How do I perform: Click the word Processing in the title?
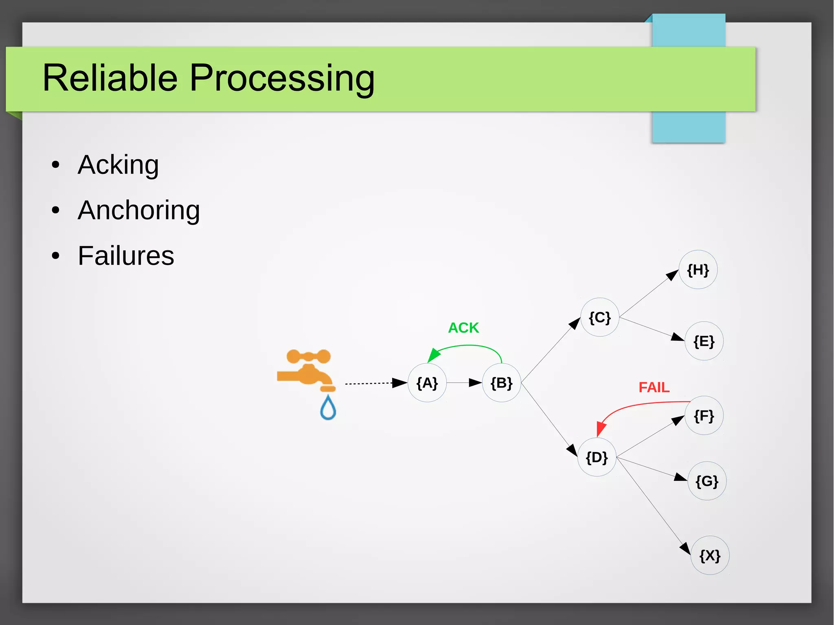(x=282, y=78)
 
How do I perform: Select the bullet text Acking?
(x=118, y=165)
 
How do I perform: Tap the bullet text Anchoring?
(x=138, y=211)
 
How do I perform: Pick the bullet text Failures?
(x=126, y=256)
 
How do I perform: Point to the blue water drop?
(x=328, y=408)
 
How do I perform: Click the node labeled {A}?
(x=427, y=383)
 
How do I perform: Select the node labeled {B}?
(x=501, y=383)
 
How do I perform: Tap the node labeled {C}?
(x=599, y=317)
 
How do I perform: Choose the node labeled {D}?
(x=597, y=457)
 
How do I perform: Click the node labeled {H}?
(x=698, y=270)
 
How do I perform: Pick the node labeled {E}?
(x=704, y=341)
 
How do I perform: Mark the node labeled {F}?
(x=704, y=416)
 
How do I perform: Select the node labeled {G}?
(x=707, y=481)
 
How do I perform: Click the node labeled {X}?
(x=710, y=555)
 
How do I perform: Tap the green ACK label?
(x=463, y=328)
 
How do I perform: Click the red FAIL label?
(x=654, y=387)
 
